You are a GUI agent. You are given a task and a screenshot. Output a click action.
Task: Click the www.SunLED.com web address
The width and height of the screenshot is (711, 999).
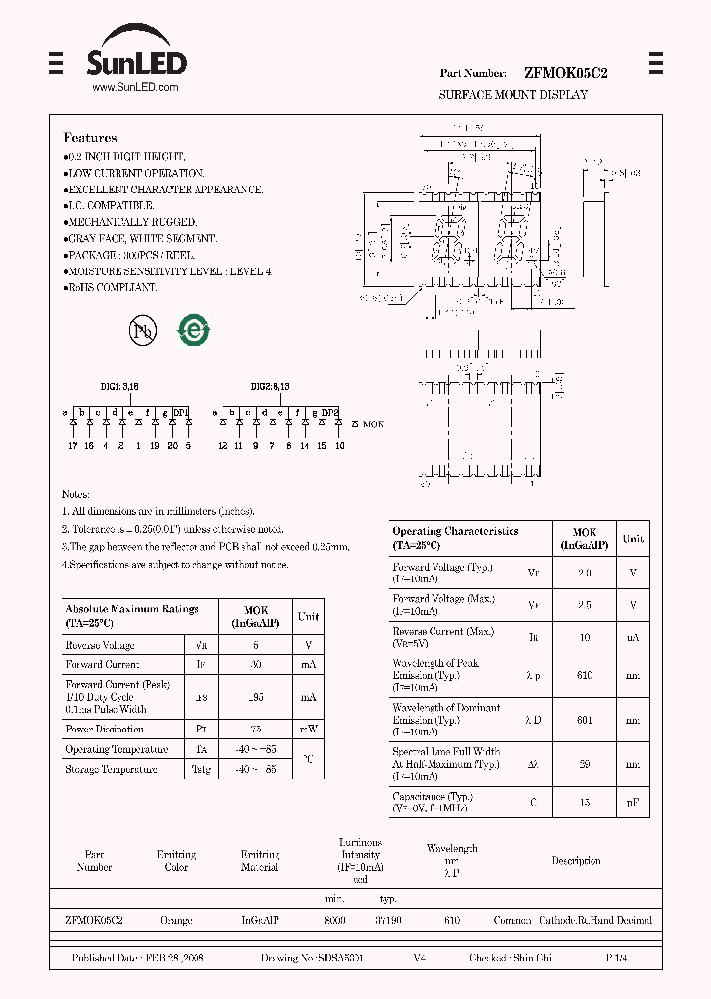click(x=134, y=88)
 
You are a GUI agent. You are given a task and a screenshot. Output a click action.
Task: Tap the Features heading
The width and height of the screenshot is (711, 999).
click(x=90, y=138)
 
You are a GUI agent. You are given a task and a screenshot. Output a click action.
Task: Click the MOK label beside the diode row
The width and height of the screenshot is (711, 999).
click(x=373, y=423)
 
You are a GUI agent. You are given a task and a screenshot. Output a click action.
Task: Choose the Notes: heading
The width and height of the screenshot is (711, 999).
click(x=75, y=494)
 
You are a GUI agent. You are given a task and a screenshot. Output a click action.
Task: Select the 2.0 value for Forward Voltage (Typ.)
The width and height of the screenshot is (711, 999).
click(x=584, y=573)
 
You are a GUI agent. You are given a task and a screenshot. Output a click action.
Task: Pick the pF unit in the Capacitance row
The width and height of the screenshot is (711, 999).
click(x=633, y=803)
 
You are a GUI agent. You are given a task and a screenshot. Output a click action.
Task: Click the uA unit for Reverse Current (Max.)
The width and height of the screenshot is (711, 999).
click(x=633, y=638)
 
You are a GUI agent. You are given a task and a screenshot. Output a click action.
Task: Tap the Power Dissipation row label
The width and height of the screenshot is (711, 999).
click(x=105, y=730)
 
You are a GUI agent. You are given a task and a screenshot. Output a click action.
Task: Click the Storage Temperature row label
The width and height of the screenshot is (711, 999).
click(x=111, y=769)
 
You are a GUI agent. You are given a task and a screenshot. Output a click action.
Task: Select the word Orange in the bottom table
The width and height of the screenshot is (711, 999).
click(x=176, y=920)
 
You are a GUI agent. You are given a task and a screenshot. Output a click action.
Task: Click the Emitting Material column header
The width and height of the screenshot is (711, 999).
click(x=260, y=861)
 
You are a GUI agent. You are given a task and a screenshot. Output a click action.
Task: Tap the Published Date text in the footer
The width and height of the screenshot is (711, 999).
click(x=137, y=959)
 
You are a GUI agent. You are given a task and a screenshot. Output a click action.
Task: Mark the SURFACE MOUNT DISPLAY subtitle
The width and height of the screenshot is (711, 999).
click(x=513, y=95)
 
